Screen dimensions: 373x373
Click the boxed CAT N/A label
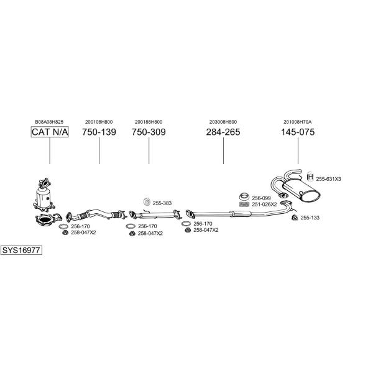[x=50, y=132]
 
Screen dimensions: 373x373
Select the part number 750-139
[x=99, y=132]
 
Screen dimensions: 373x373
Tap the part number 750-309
[x=149, y=132]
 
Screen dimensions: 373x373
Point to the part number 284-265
[x=223, y=132]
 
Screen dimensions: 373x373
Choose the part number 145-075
[x=298, y=132]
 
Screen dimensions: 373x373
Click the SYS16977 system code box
[x=21, y=251]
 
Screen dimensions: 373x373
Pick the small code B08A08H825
[x=49, y=122]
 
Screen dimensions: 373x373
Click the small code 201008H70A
[x=298, y=122]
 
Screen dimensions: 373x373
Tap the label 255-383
[x=162, y=203]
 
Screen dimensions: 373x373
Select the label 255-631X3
[x=328, y=179]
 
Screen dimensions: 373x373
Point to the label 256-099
[x=261, y=198]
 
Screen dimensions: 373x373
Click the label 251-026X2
[x=264, y=205]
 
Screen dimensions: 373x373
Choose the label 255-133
[x=310, y=218]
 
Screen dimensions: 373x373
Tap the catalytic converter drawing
[x=44, y=195]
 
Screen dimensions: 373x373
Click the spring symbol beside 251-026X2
[x=244, y=205]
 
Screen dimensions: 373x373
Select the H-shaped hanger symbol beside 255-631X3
[x=311, y=177]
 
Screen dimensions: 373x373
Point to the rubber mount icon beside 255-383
[x=147, y=202]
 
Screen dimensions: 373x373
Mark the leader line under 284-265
[x=223, y=150]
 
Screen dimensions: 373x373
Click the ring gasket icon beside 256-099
[x=244, y=197]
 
